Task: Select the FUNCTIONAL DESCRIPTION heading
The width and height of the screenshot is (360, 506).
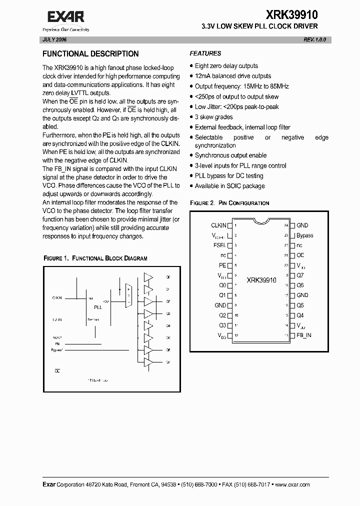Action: pyautogui.click(x=90, y=54)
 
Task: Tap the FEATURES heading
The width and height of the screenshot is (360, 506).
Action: pyautogui.click(x=205, y=53)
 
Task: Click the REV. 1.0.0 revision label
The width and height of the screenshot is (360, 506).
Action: pyautogui.click(x=314, y=39)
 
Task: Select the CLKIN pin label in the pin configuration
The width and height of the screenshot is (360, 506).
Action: pyautogui.click(x=218, y=225)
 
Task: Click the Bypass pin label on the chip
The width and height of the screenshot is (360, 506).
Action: pyautogui.click(x=304, y=235)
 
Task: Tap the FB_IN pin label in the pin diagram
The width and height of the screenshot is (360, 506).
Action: pyautogui.click(x=303, y=335)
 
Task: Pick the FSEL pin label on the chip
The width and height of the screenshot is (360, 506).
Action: pyautogui.click(x=219, y=245)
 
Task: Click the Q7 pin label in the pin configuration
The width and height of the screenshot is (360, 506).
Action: pyautogui.click(x=300, y=275)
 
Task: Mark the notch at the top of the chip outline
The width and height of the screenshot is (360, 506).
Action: pyautogui.click(x=259, y=220)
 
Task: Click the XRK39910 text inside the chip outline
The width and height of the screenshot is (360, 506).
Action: pyautogui.click(x=261, y=280)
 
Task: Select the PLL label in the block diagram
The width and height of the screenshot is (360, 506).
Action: pyautogui.click(x=97, y=307)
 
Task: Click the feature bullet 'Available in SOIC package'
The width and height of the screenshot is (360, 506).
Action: pyautogui.click(x=229, y=186)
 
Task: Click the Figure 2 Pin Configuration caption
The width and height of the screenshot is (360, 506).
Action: pyautogui.click(x=229, y=203)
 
